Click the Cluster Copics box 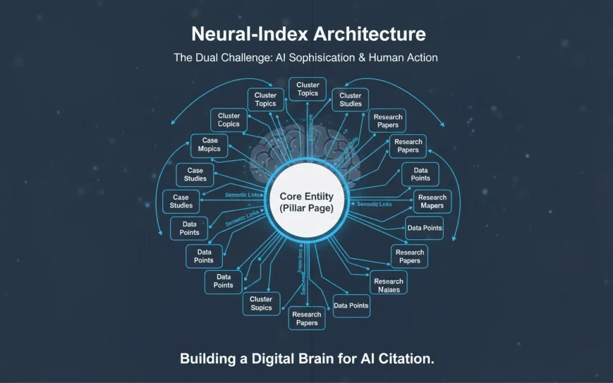(x=229, y=120)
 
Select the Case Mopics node (x=210, y=145)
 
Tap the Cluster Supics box (x=261, y=303)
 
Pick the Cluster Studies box (x=350, y=99)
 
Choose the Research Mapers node (x=432, y=202)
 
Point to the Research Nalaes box (x=389, y=285)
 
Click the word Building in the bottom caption (x=205, y=359)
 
